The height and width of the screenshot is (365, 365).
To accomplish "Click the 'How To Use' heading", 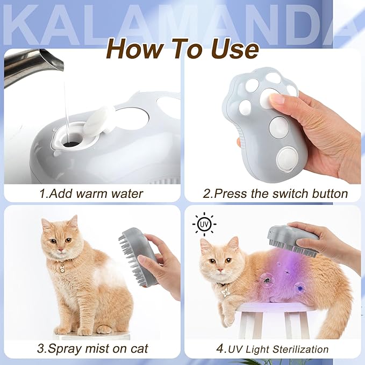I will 182,49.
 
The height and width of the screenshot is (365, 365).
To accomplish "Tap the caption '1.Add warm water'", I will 91,193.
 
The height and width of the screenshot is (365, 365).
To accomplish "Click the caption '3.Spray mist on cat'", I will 91,348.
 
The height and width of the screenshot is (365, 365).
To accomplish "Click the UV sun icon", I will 204,224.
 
